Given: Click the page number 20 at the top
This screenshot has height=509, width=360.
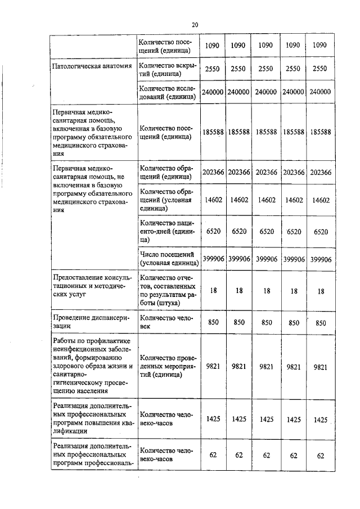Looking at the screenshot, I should (x=195, y=25).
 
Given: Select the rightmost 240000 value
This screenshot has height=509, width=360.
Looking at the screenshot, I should (x=319, y=92).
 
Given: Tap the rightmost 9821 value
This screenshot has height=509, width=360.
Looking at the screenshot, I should (x=320, y=366).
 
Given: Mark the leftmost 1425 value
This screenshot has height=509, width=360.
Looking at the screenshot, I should (x=212, y=419).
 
